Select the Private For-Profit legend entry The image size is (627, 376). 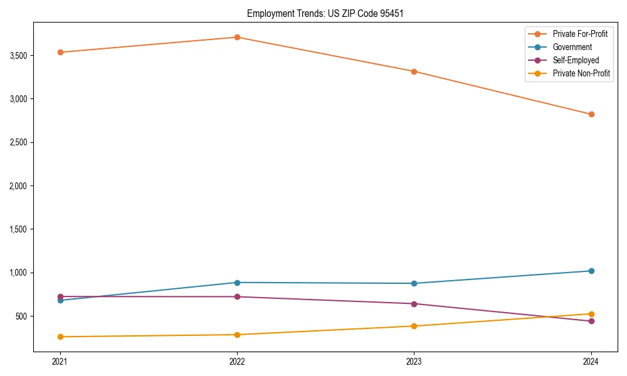pyautogui.click(x=580, y=34)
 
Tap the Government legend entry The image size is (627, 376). pyautogui.click(x=572, y=47)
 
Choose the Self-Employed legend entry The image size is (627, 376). pyautogui.click(x=576, y=60)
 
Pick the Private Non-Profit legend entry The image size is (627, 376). pyautogui.click(x=581, y=73)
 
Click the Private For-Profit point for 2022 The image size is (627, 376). pyautogui.click(x=237, y=37)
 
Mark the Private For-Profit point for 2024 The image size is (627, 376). pyautogui.click(x=591, y=114)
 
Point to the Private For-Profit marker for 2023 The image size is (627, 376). pyautogui.click(x=414, y=71)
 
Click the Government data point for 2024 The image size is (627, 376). pyautogui.click(x=591, y=271)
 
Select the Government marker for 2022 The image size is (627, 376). pyautogui.click(x=237, y=283)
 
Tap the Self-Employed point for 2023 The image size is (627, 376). pyautogui.click(x=414, y=304)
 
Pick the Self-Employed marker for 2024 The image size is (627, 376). pyautogui.click(x=591, y=321)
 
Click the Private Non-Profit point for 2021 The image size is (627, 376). pyautogui.click(x=60, y=337)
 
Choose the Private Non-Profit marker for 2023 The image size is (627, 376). pyautogui.click(x=414, y=326)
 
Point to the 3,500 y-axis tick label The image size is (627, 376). pyautogui.click(x=18, y=56)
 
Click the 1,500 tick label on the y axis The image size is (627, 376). pyautogui.click(x=18, y=229)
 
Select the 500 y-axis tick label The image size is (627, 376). pyautogui.click(x=22, y=316)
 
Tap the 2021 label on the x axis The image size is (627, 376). pyautogui.click(x=60, y=361)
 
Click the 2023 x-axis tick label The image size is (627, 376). pyautogui.click(x=414, y=361)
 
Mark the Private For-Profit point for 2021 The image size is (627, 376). pyautogui.click(x=60, y=52)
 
